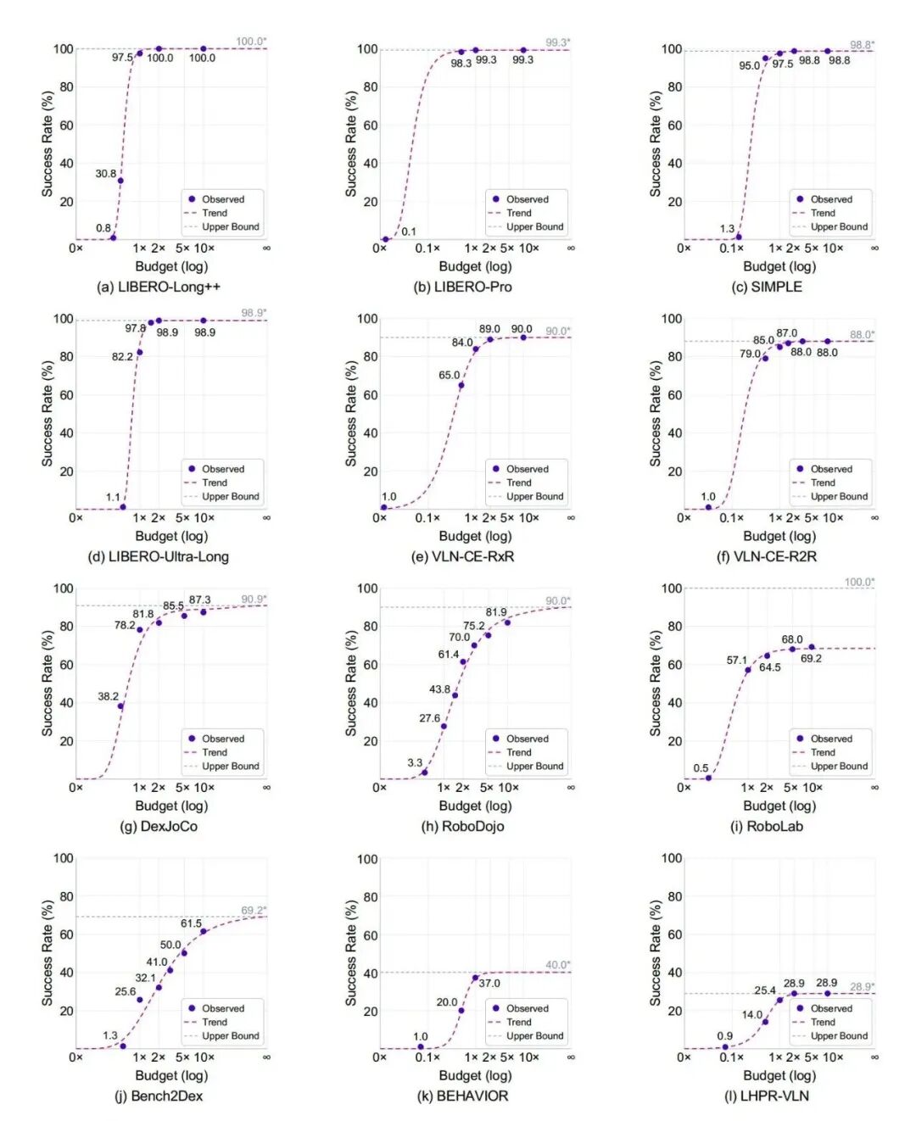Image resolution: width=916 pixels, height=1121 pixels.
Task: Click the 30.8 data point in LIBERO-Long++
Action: point(120,181)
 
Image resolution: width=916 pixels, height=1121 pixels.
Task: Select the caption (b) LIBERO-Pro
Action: point(462,287)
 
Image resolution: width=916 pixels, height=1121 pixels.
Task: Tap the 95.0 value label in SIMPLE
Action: point(749,66)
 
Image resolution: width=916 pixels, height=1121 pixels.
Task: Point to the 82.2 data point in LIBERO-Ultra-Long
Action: point(139,352)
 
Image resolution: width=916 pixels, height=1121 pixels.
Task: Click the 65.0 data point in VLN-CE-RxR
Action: point(461,385)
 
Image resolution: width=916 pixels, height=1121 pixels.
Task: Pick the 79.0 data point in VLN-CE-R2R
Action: point(765,358)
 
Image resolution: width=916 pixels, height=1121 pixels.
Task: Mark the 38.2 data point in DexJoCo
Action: point(120,706)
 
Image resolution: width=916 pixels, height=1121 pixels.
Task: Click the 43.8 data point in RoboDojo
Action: point(455,695)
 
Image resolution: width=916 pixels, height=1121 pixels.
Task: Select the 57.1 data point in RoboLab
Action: point(747,670)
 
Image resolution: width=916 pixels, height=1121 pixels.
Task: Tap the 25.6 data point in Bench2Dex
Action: point(139,1000)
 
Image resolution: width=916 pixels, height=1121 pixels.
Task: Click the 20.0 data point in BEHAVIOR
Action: point(461,1011)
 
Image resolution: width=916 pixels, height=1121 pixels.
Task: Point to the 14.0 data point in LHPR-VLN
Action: point(765,1022)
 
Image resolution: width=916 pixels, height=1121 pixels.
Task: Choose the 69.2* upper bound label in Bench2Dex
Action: point(254,911)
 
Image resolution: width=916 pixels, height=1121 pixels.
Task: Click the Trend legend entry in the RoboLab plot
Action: point(823,752)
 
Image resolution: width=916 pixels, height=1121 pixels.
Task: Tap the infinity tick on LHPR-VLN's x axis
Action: point(874,1057)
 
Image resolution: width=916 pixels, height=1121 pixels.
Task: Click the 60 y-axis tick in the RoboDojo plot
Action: point(370,665)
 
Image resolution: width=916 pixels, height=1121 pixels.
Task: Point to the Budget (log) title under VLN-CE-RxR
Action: point(475,536)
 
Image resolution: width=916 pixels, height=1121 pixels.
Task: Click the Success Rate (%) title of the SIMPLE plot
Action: point(655,143)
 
